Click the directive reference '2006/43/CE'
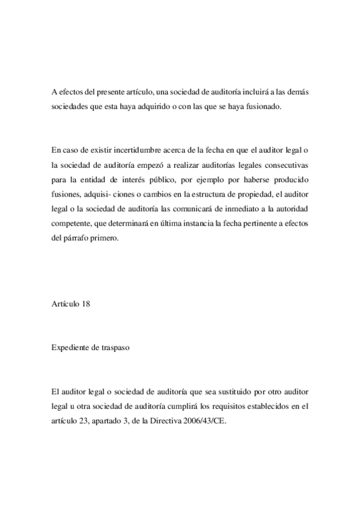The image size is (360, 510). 202,422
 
